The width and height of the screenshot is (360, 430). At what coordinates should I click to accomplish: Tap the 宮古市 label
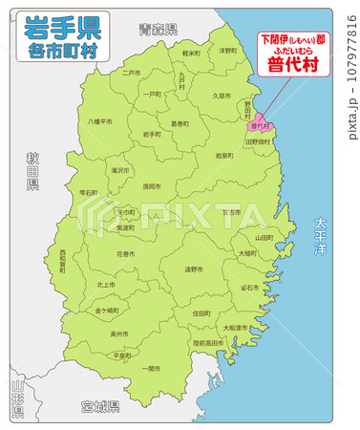click(232, 213)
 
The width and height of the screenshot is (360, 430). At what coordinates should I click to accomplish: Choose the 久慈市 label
click(222, 96)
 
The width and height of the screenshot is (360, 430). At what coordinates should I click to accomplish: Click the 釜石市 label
click(248, 287)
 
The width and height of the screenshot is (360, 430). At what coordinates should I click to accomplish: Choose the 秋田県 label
click(31, 169)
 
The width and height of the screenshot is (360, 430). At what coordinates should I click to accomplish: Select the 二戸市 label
click(131, 72)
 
